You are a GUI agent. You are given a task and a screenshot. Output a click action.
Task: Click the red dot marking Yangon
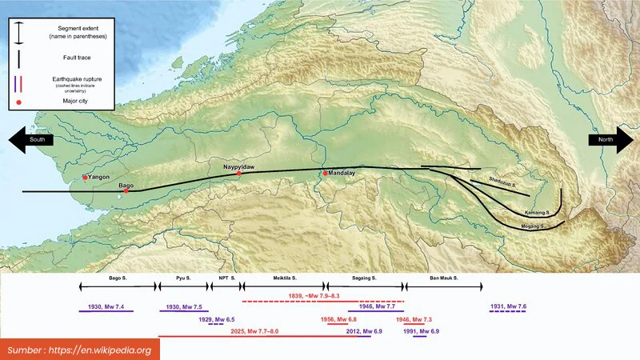point(85,178)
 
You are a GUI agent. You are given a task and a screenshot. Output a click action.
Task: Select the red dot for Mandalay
point(325,173)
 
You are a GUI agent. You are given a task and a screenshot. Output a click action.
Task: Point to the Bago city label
point(126,185)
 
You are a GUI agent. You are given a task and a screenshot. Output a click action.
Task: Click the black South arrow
point(31,140)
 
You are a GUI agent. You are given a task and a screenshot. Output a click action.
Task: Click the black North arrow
point(610,140)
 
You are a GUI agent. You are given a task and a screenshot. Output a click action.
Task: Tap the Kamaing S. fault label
point(536,213)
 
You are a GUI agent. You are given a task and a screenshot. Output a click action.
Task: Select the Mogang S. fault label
point(531,226)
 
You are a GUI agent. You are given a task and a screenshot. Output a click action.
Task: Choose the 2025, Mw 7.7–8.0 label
point(254,331)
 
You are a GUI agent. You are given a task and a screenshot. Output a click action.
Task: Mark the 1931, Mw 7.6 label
point(508,307)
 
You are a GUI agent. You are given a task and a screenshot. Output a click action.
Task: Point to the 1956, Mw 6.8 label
point(338,319)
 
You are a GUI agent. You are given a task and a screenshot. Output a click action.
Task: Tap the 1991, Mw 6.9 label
point(422,331)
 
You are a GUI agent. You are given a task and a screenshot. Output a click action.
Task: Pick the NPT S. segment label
point(226,278)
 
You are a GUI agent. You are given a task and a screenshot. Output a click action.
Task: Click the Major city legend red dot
point(18,102)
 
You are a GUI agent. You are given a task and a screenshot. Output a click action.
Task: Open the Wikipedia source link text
point(81,350)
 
